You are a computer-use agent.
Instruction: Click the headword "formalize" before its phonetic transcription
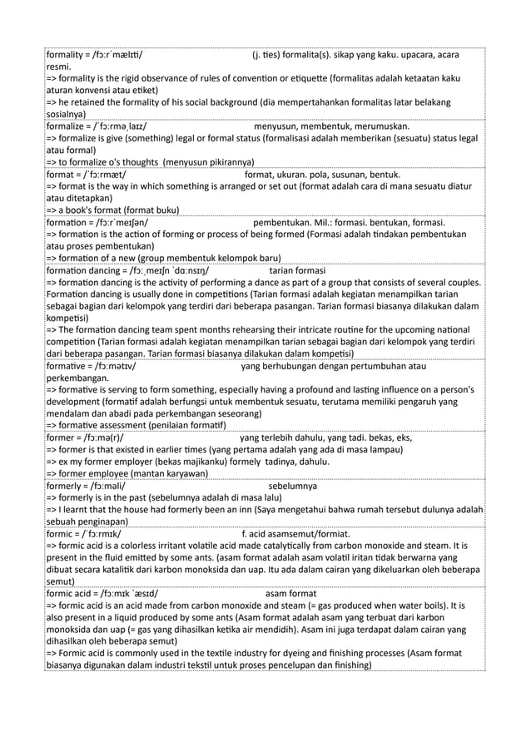[67, 127]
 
